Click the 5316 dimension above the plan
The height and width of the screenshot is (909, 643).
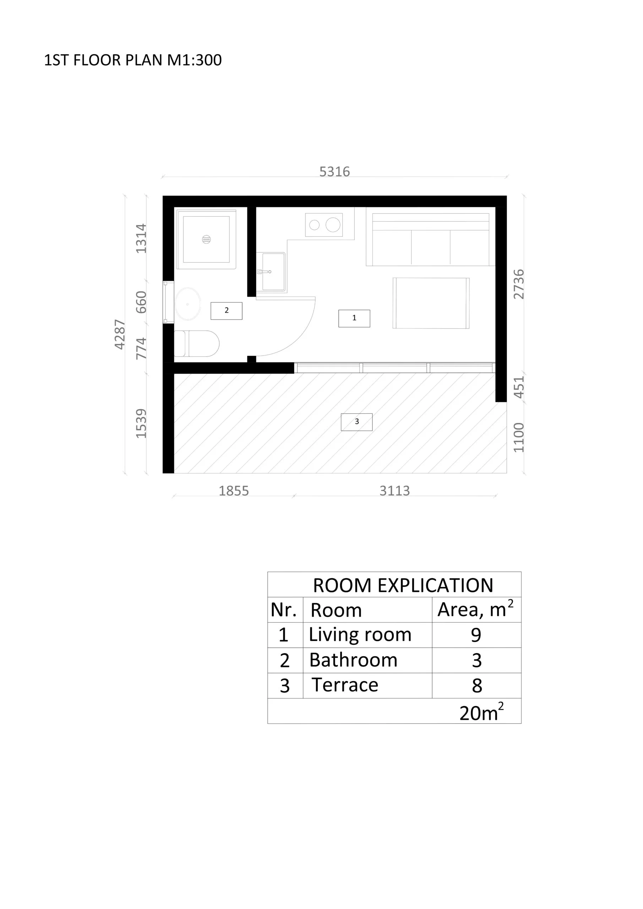point(334,172)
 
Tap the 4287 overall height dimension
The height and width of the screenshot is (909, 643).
point(120,334)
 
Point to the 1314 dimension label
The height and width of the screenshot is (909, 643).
point(141,239)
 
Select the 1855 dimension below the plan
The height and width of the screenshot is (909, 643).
point(234,491)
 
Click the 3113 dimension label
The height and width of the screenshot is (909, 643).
point(394,491)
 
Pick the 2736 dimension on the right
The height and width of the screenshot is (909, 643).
point(518,284)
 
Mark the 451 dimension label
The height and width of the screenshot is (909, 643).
point(518,387)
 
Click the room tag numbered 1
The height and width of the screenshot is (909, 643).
point(354,318)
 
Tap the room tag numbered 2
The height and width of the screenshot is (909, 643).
point(227,311)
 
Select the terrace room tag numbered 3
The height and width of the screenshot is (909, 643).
point(356,422)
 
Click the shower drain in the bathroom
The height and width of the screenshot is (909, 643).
point(206,239)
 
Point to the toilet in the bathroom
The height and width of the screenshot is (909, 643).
point(197,344)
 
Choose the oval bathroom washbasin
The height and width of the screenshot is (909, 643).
point(188,304)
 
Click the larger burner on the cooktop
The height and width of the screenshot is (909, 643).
point(333,225)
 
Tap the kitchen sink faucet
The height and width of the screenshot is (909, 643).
point(264,272)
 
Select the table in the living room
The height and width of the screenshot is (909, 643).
point(431,303)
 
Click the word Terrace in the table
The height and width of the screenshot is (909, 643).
point(345,685)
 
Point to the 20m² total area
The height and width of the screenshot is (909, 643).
point(481,712)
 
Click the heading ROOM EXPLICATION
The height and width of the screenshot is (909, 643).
point(403,585)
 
